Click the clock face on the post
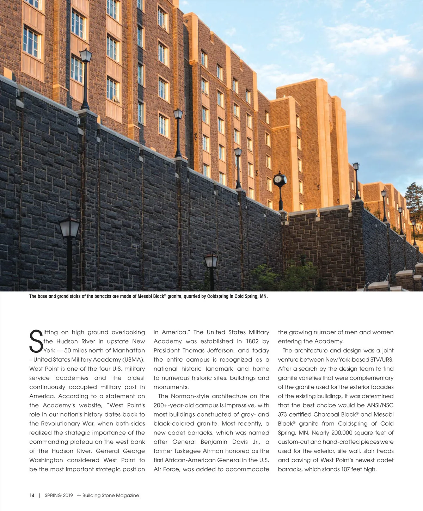(278, 179)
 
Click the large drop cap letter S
(36, 341)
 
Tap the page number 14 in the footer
(32, 495)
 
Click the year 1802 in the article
(247, 341)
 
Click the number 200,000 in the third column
(343, 432)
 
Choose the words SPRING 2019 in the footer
(59, 495)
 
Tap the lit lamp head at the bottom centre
(211, 261)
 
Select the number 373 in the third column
(282, 414)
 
